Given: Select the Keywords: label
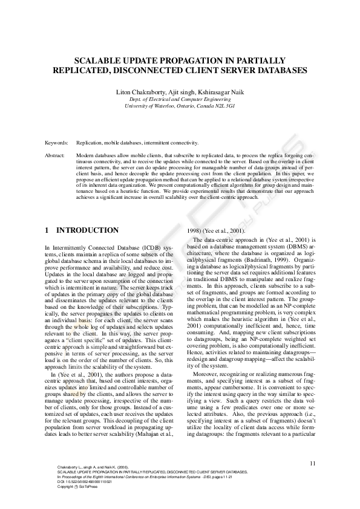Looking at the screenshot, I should [56, 143].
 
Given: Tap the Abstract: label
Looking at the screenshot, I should [55, 155].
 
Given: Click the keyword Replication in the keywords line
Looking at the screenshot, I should [91, 143].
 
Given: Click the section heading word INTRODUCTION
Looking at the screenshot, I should [87, 230].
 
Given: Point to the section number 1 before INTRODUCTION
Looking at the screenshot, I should [48, 230].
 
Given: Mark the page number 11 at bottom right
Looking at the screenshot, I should [312, 463].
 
